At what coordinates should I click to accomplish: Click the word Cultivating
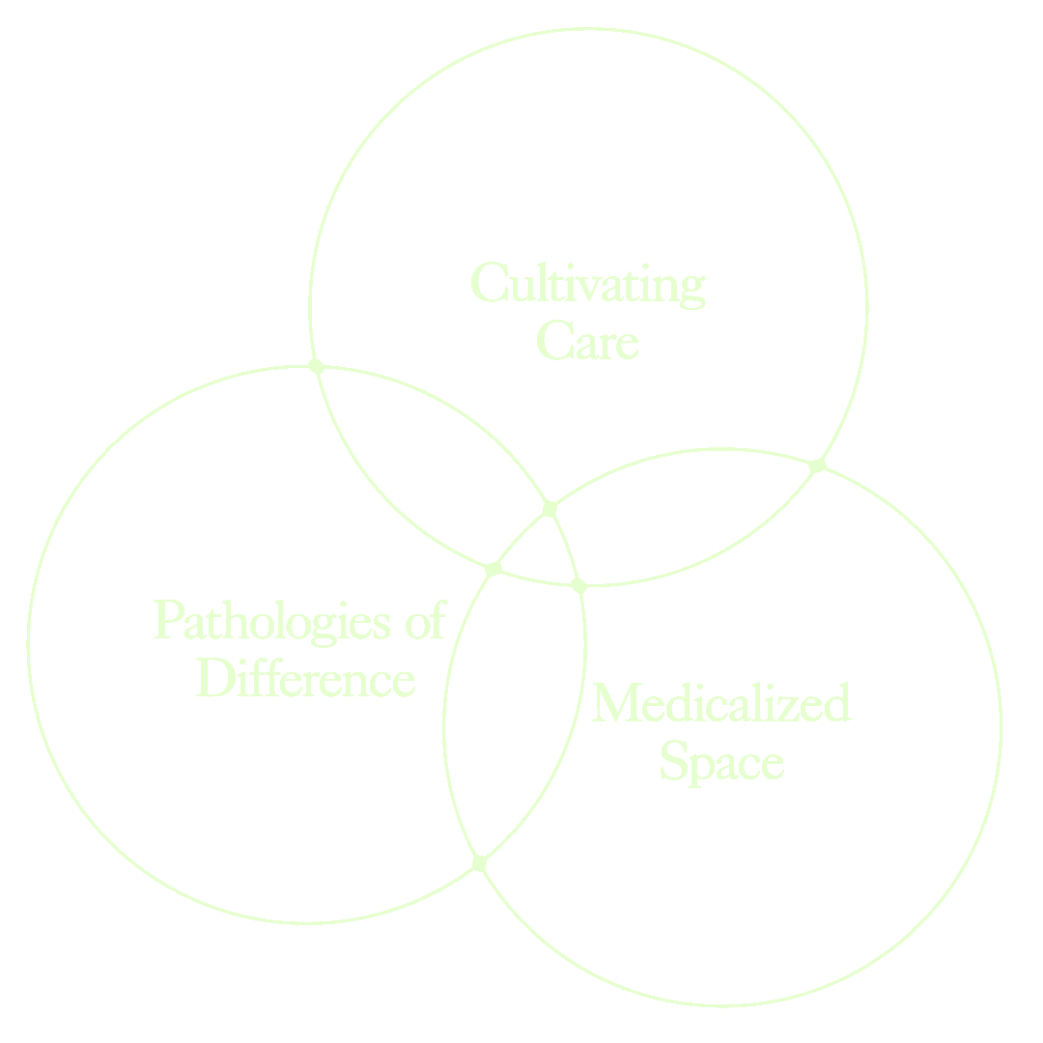[x=588, y=285]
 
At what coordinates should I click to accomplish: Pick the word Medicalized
[x=720, y=703]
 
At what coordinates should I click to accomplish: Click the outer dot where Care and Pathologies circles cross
[x=315, y=365]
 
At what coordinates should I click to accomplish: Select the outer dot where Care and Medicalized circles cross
[x=818, y=465]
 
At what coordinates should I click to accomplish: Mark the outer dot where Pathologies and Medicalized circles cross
[x=479, y=862]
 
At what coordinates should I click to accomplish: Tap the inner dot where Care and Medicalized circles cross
[x=493, y=568]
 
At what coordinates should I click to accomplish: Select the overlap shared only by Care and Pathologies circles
[x=435, y=464]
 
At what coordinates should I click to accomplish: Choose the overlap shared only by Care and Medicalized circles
[x=676, y=521]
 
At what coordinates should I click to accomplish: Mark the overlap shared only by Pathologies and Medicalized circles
[x=512, y=715]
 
